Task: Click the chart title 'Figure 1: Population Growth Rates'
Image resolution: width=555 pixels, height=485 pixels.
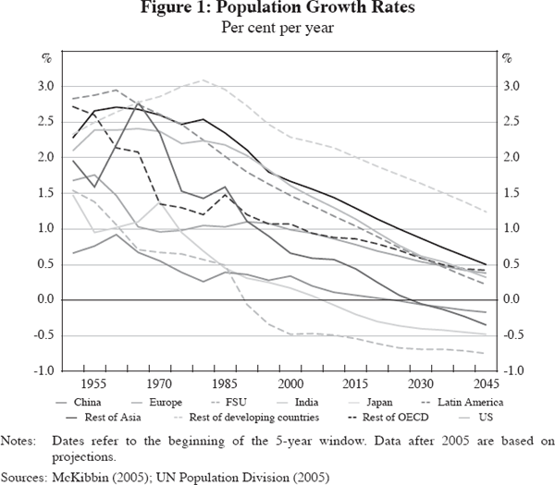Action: [277, 11]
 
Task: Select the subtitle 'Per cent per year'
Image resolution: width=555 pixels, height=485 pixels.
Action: [277, 28]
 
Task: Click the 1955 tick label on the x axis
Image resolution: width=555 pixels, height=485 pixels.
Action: [92, 383]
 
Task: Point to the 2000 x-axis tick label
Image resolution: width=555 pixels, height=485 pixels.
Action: [290, 383]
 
